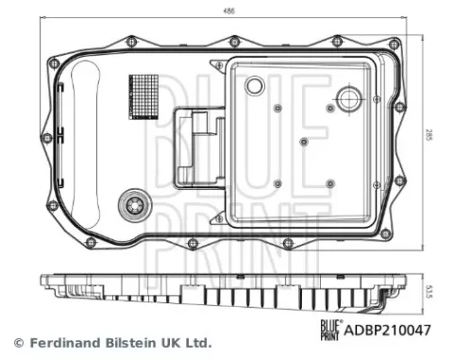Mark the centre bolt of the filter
point(302,142)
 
